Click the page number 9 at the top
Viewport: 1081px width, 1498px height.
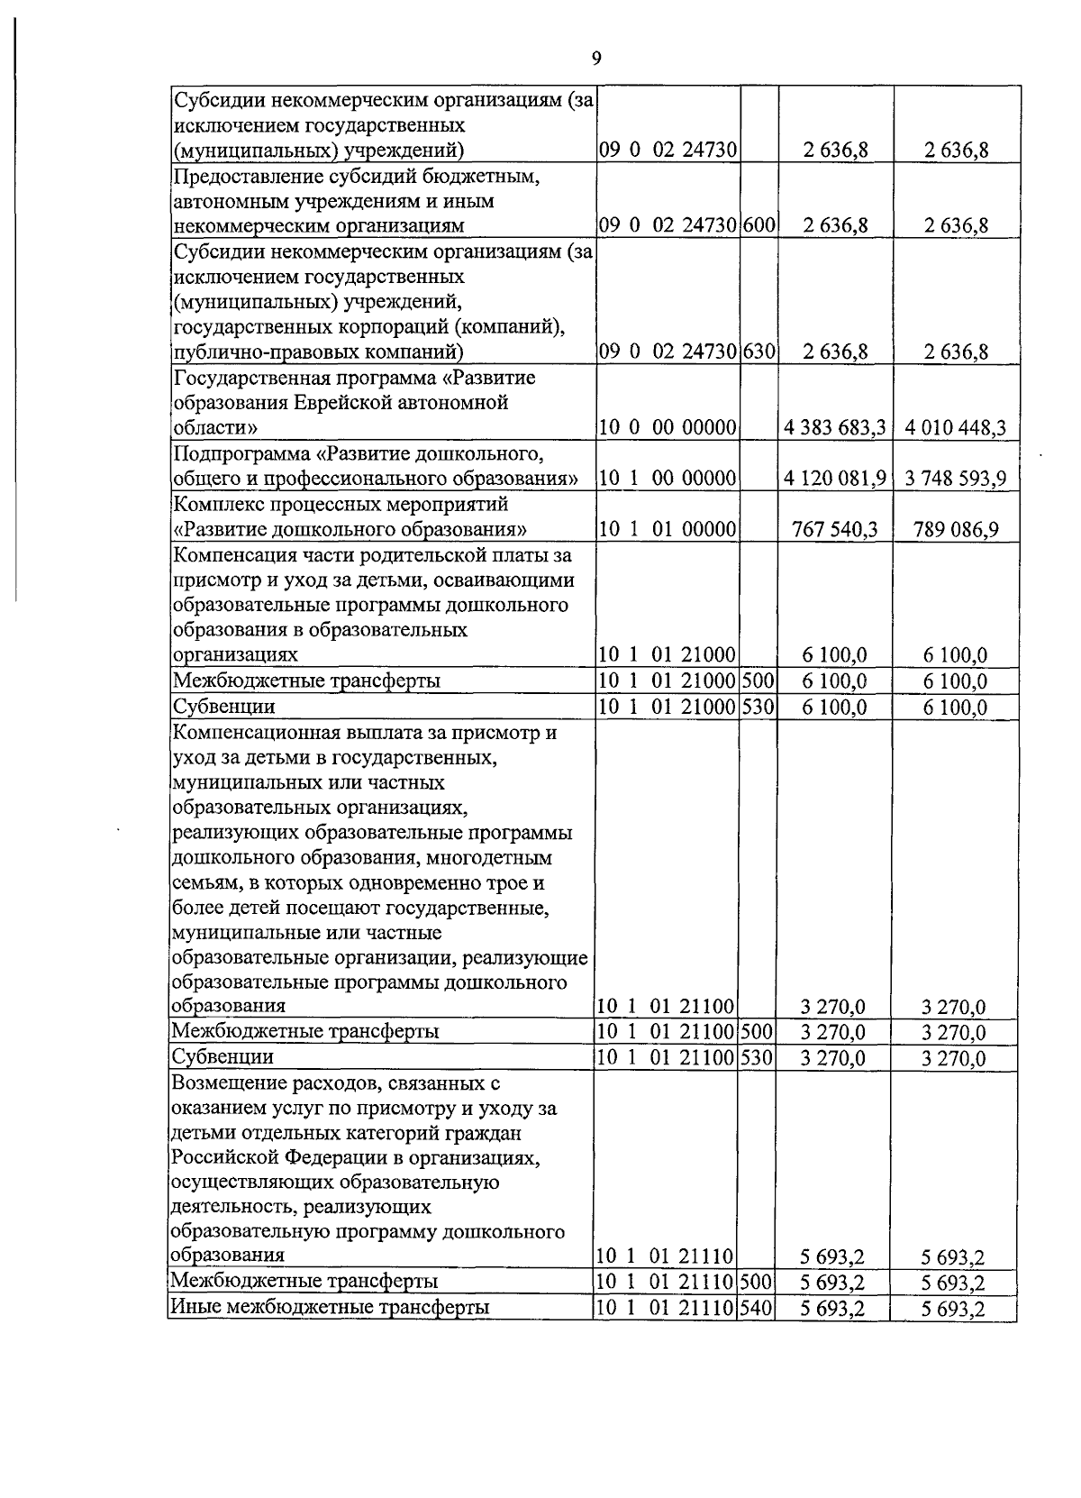[x=595, y=59]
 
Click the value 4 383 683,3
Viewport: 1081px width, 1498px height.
[x=834, y=427]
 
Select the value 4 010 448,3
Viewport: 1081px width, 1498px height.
[x=956, y=427]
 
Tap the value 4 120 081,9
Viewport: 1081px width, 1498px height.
[x=834, y=478]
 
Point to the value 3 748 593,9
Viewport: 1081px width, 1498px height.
[x=956, y=478]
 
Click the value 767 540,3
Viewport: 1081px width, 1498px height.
[x=835, y=529]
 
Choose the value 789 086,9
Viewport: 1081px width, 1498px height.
[x=955, y=529]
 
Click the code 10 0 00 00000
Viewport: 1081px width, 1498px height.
[x=668, y=427]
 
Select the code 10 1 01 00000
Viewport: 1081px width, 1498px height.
[x=668, y=529]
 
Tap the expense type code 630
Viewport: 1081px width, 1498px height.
[x=759, y=352]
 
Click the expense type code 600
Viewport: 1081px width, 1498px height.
[x=759, y=225]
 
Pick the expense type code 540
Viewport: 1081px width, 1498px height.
[x=756, y=1306]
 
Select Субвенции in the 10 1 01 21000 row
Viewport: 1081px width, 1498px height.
[x=223, y=707]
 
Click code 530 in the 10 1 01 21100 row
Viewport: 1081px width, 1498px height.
[x=757, y=1056]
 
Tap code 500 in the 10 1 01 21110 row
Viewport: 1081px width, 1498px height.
[x=756, y=1281]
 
